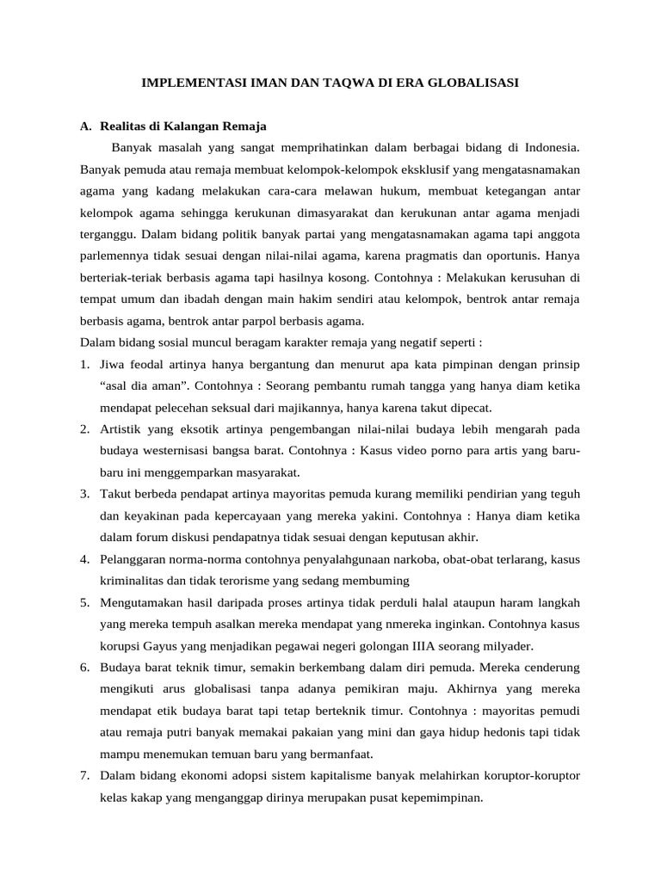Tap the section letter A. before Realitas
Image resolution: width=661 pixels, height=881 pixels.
click(x=85, y=126)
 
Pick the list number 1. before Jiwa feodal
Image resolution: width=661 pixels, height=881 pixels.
click(x=85, y=364)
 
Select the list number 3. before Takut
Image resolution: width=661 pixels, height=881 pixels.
click(x=85, y=494)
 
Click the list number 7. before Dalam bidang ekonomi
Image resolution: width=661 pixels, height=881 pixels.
click(x=85, y=775)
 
